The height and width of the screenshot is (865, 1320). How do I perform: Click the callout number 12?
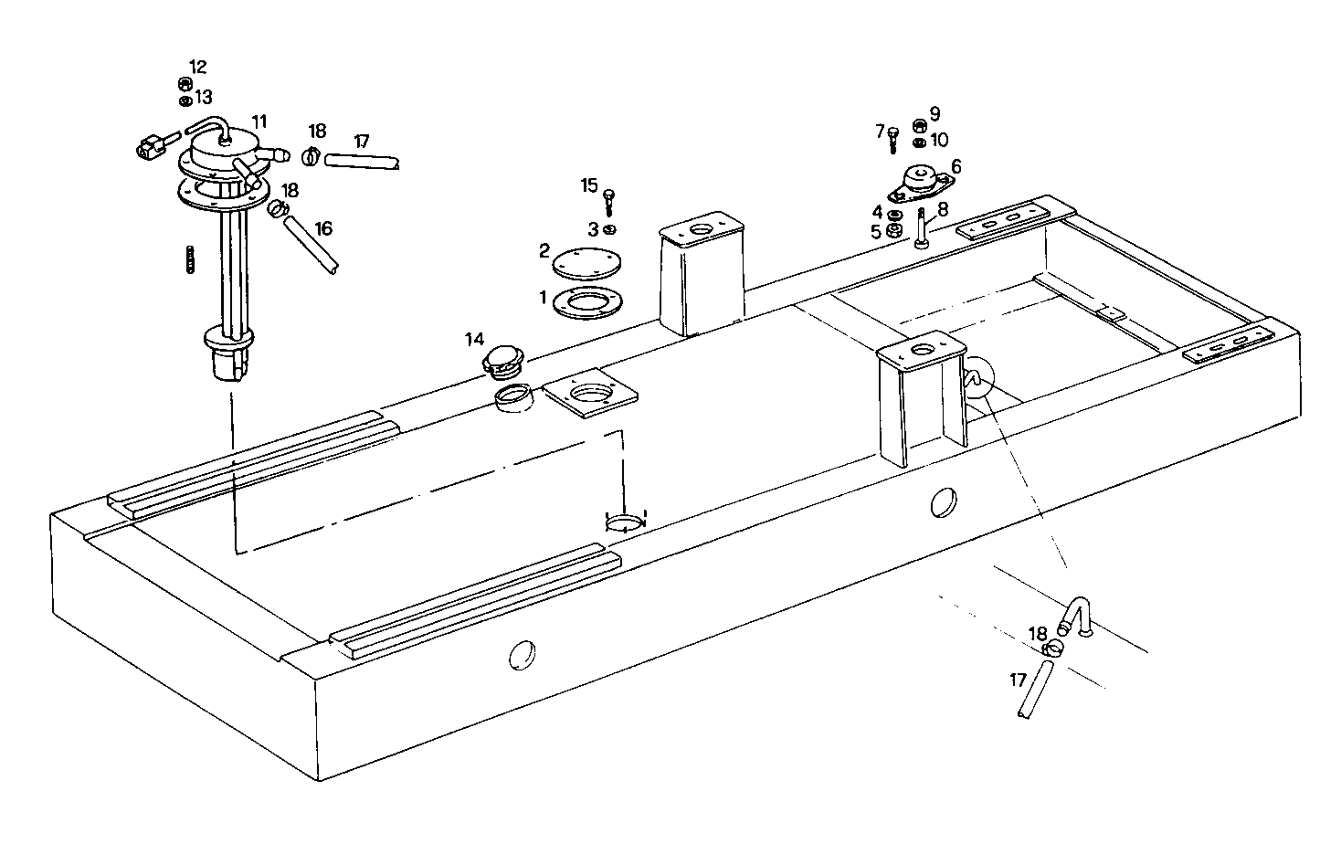198,67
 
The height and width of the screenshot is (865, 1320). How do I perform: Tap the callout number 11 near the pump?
259,121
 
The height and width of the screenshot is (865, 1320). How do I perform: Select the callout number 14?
473,339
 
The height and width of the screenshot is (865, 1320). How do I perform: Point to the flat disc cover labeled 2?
586,262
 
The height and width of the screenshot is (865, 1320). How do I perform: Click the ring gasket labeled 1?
586,302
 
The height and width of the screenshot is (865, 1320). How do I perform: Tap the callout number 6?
956,166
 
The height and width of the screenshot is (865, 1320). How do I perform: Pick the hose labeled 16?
311,245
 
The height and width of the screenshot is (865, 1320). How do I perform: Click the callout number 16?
323,227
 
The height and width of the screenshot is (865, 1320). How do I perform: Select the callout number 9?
934,113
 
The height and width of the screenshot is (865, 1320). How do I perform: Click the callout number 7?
881,132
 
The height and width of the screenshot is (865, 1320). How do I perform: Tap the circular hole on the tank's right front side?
943,501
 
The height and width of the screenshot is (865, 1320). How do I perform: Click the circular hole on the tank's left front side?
522,654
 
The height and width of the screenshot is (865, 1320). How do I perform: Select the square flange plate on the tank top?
590,395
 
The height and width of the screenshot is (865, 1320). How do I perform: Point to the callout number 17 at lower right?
1018,680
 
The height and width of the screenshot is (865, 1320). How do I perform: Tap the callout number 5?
876,232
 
